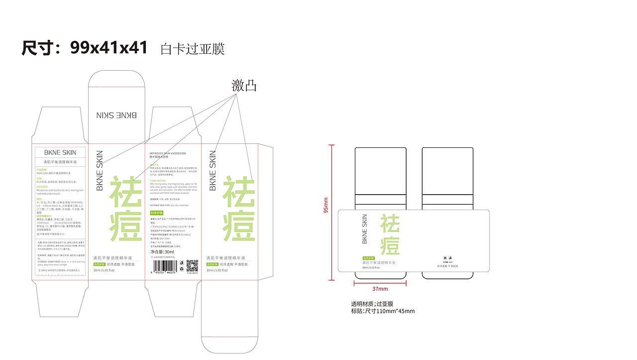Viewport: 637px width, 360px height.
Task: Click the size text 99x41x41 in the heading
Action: click(109, 48)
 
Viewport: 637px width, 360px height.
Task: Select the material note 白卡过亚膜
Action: click(193, 49)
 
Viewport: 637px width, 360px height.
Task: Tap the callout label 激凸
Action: click(244, 86)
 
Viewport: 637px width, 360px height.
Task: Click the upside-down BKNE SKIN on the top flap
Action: click(116, 115)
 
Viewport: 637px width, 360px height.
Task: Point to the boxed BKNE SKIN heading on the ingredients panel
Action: click(60, 152)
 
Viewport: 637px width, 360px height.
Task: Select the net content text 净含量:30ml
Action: click(162, 252)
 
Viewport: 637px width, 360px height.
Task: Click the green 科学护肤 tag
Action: click(157, 213)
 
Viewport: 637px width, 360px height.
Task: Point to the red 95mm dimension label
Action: click(326, 205)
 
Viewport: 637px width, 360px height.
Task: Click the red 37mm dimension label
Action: click(380, 289)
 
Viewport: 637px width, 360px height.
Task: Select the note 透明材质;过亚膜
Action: click(372, 304)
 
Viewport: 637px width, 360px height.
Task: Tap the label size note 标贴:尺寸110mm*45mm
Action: click(383, 311)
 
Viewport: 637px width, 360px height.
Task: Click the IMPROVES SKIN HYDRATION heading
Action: click(168, 153)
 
